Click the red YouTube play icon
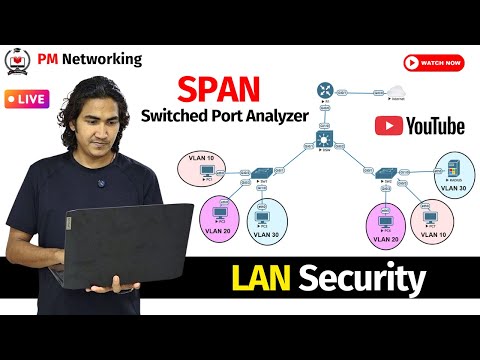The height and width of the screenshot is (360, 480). point(388,125)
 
